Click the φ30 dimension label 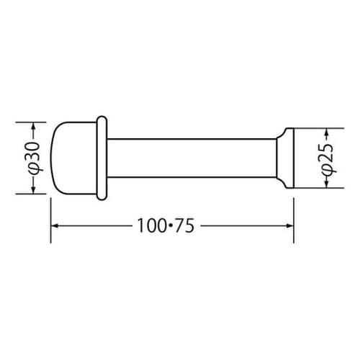(34, 157)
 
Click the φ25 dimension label (327, 158)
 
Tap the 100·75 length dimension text (166, 225)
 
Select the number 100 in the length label (152, 225)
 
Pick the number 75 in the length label (184, 225)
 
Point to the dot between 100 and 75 (171, 225)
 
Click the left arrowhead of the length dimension (55, 226)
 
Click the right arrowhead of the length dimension (289, 225)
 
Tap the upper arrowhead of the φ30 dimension (33, 127)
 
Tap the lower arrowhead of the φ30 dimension (33, 189)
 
